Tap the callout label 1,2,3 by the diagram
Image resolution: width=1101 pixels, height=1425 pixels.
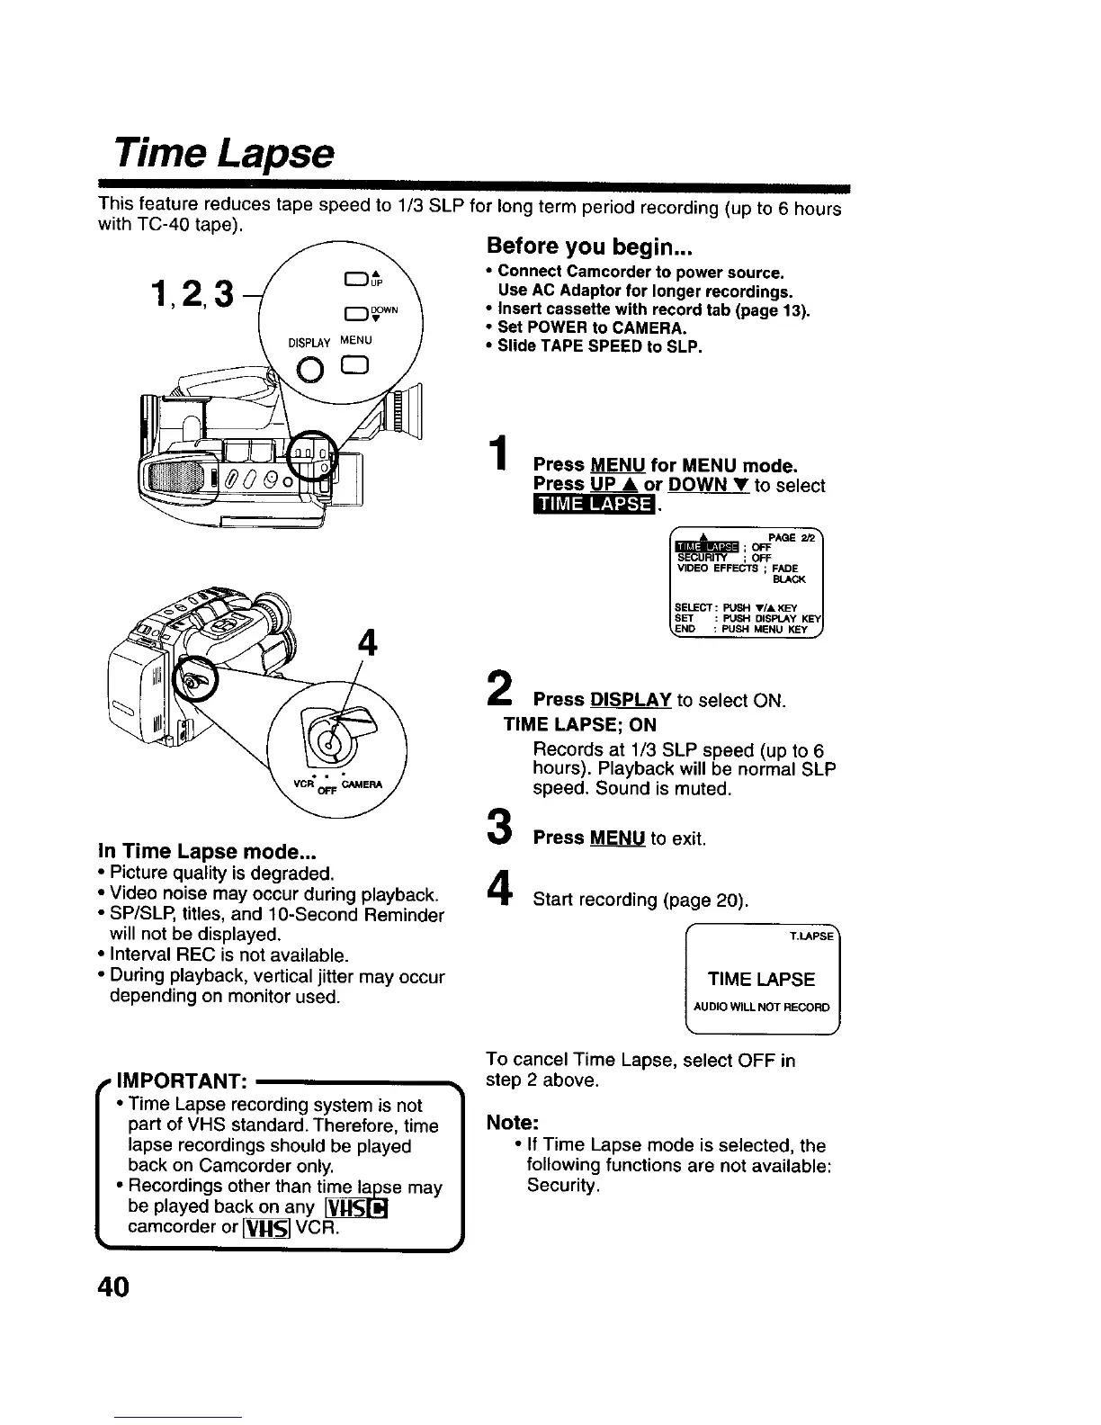(192, 291)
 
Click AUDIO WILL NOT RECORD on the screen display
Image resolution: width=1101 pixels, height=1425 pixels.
(762, 1007)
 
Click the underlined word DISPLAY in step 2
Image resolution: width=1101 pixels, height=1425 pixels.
(631, 700)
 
